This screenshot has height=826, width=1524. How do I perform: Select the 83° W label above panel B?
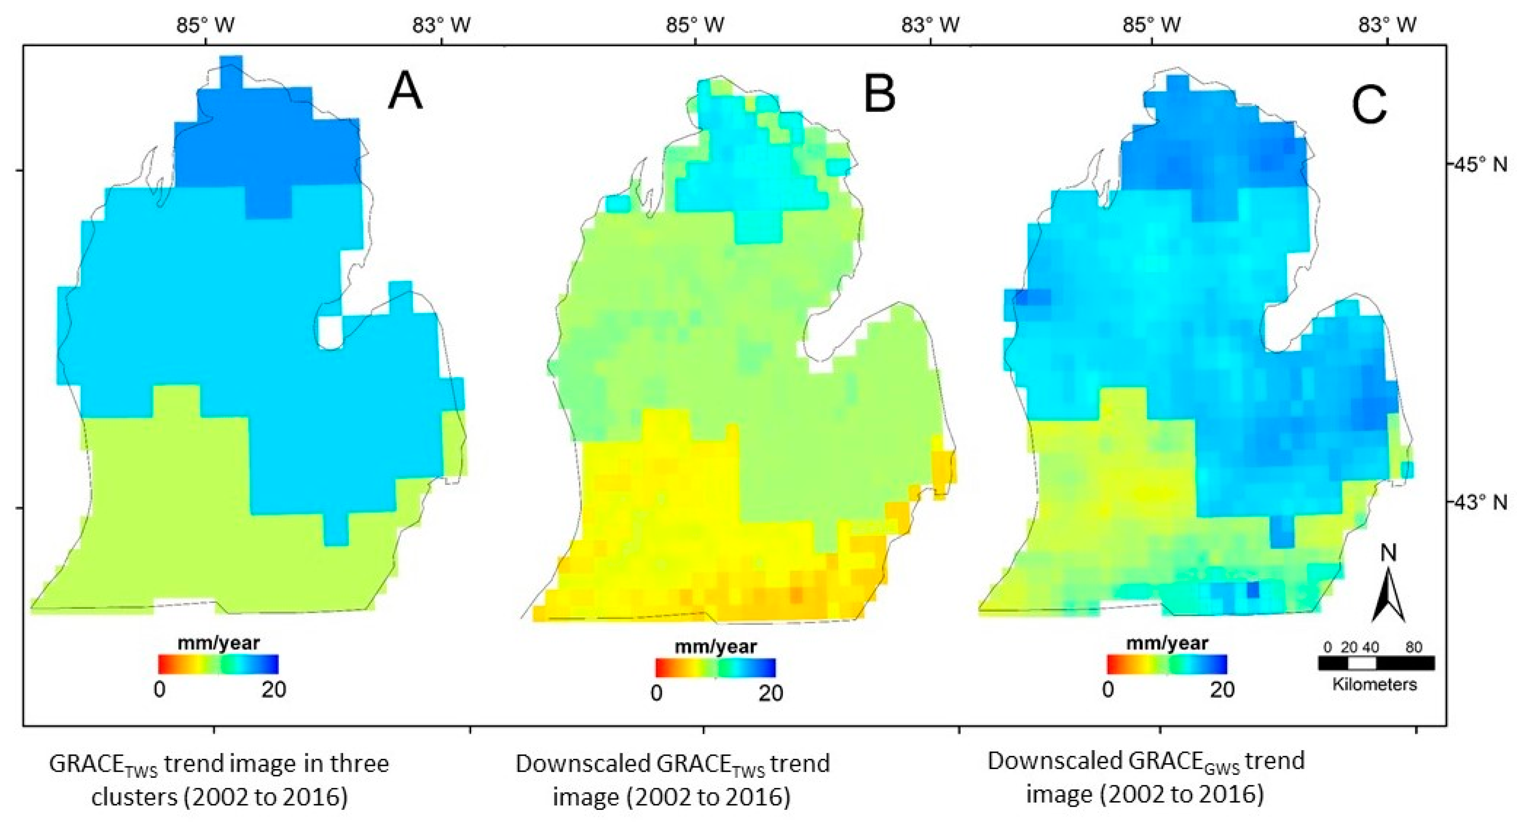(x=930, y=25)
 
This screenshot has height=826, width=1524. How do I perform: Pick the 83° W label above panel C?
(x=1387, y=25)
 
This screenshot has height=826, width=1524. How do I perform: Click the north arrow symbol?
(x=1389, y=599)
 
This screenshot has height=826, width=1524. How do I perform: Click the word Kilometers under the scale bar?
(x=1375, y=684)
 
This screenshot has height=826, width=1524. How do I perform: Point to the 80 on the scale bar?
(x=1414, y=647)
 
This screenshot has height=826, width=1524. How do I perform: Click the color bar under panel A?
(x=218, y=664)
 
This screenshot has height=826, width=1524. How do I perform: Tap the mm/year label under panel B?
(x=716, y=647)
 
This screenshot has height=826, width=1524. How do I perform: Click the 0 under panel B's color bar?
(x=656, y=694)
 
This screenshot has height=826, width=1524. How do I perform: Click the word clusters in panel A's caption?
(x=134, y=797)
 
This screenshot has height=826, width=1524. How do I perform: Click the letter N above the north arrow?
(x=1388, y=553)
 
